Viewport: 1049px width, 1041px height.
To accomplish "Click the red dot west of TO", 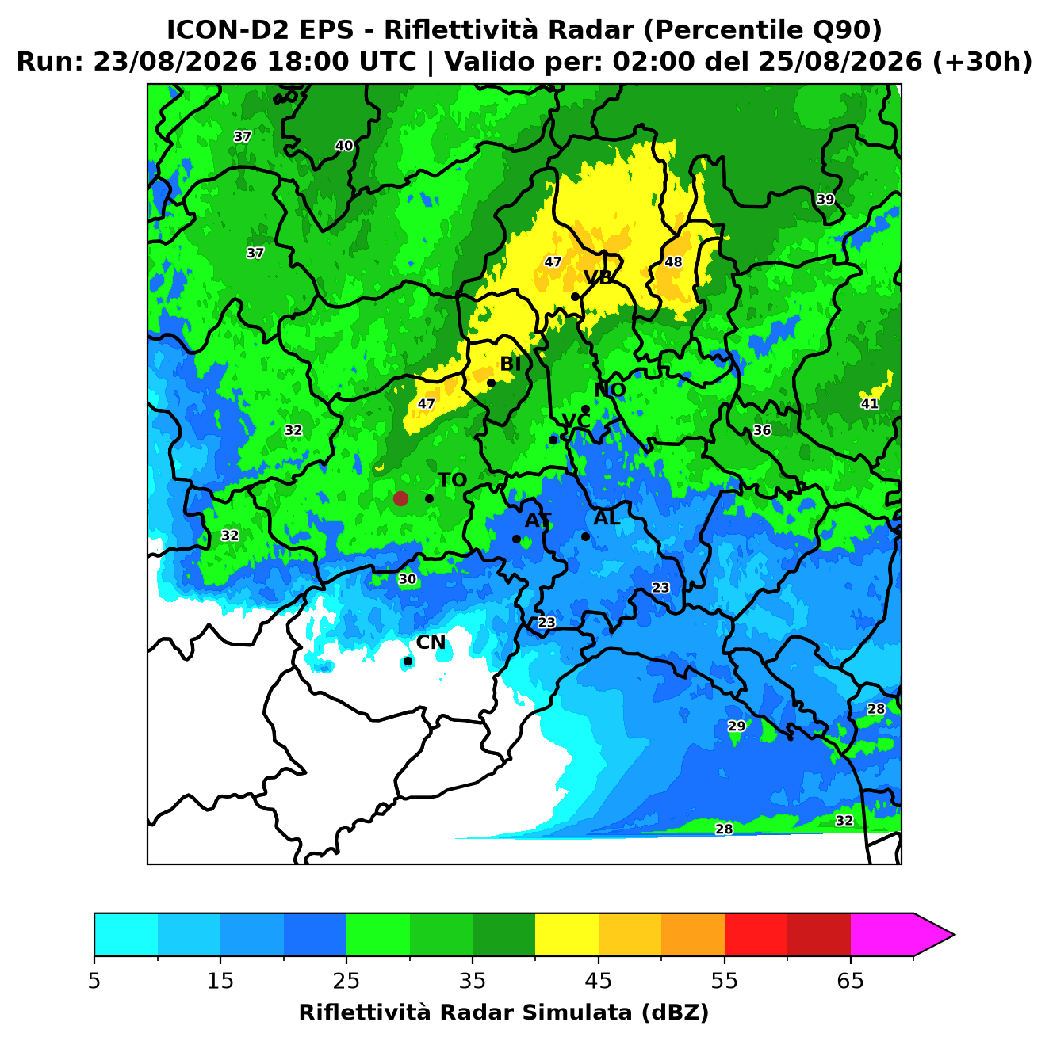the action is point(400,498).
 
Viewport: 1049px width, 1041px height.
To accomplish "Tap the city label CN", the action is point(430,643).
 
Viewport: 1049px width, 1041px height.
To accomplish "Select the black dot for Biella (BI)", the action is point(491,383).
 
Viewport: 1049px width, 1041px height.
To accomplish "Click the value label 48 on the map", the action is point(673,261).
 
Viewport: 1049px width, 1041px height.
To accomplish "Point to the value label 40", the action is point(343,145).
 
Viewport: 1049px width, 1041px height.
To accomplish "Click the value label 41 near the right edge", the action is point(869,403).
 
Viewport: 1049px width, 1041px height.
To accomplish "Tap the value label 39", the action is point(825,199).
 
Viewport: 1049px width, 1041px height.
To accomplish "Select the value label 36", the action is point(761,430).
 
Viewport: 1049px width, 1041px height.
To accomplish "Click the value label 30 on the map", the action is point(408,579).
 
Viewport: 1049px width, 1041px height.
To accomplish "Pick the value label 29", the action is point(736,726).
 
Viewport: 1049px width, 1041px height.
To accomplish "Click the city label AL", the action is point(607,517).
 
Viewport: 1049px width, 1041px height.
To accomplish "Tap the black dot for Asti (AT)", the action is point(516,539).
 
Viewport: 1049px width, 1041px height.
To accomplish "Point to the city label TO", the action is point(453,480).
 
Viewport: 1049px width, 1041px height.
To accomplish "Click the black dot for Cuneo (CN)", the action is point(408,662).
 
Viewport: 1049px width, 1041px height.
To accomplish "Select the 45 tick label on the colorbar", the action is point(598,981).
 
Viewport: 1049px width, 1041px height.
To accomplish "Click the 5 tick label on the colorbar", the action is point(94,981).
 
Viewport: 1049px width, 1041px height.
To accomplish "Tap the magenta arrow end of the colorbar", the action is point(933,936).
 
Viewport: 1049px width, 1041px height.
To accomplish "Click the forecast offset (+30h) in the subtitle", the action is point(982,62).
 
